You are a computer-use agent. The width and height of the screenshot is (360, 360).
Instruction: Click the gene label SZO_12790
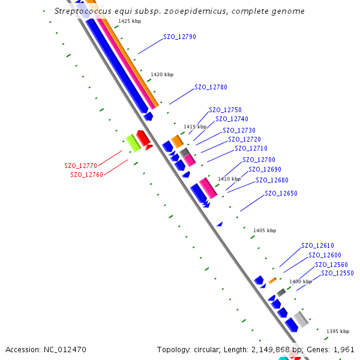[x=179, y=37]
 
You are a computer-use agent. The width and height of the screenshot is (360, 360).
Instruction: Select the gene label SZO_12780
[x=211, y=88]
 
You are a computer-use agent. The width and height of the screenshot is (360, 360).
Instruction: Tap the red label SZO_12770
[x=80, y=166]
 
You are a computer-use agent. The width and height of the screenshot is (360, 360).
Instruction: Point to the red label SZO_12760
[x=86, y=175]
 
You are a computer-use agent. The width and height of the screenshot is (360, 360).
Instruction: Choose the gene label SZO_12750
[x=225, y=110]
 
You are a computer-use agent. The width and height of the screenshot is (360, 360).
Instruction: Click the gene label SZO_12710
[x=251, y=149]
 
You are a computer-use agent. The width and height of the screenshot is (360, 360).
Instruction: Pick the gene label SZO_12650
[x=281, y=194]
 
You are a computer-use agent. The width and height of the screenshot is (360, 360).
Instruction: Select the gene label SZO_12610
[x=317, y=246]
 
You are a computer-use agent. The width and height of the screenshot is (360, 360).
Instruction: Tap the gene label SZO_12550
[x=337, y=274]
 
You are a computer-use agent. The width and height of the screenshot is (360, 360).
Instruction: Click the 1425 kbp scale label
[x=130, y=22]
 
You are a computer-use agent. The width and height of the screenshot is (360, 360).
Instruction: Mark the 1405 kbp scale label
[x=265, y=230]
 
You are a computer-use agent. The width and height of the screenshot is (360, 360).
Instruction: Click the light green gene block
[x=133, y=143]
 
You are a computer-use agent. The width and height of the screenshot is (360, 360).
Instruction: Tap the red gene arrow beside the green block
[x=143, y=139]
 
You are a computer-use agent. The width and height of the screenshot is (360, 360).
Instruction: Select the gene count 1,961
[x=343, y=349]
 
